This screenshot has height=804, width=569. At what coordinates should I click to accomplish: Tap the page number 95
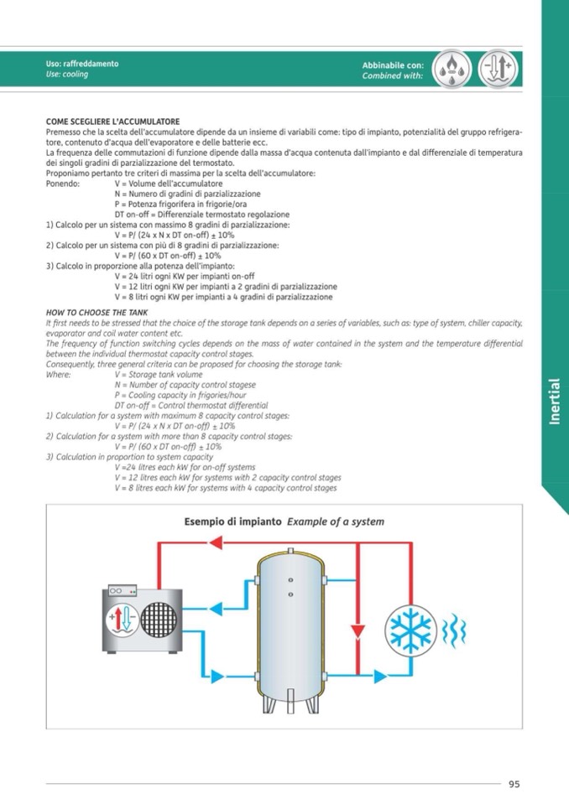[x=514, y=784]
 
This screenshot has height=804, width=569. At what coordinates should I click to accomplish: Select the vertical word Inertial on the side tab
[x=555, y=400]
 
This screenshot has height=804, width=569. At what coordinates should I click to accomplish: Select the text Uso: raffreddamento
[x=82, y=64]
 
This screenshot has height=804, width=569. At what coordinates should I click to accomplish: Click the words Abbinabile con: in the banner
[x=393, y=65]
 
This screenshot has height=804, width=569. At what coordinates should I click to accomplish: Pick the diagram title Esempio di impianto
[x=232, y=521]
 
